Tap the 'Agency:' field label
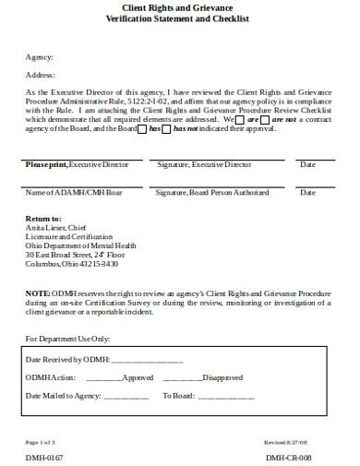39,56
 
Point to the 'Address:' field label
40,75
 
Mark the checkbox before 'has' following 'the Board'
141,129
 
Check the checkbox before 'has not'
168,129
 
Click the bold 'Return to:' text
43,218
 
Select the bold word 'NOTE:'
39,293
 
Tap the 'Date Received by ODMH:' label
68,359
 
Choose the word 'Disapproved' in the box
222,377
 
